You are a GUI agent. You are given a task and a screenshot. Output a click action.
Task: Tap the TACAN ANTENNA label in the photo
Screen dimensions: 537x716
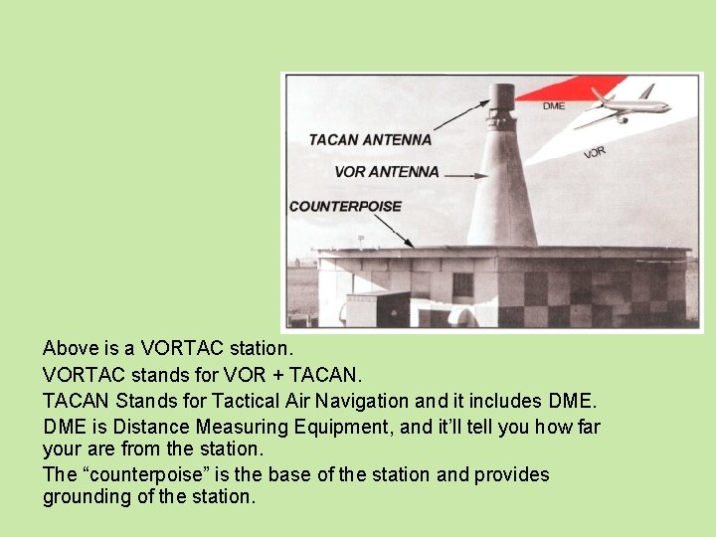click(369, 140)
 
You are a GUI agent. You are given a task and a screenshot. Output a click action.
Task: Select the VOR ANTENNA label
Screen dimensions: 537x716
click(386, 172)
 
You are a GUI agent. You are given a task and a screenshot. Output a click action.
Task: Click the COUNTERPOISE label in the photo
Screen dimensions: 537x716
click(345, 207)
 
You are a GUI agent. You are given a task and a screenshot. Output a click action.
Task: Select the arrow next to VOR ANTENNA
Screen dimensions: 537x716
click(465, 174)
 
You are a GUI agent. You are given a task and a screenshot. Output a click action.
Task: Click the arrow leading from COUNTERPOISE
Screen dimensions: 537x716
click(393, 230)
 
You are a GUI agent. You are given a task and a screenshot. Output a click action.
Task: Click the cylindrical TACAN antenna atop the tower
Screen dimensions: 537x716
click(502, 99)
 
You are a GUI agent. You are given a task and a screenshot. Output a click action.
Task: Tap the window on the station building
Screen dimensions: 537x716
click(462, 285)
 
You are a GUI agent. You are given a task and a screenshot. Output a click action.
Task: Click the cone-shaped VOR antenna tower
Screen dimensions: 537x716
click(502, 189)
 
